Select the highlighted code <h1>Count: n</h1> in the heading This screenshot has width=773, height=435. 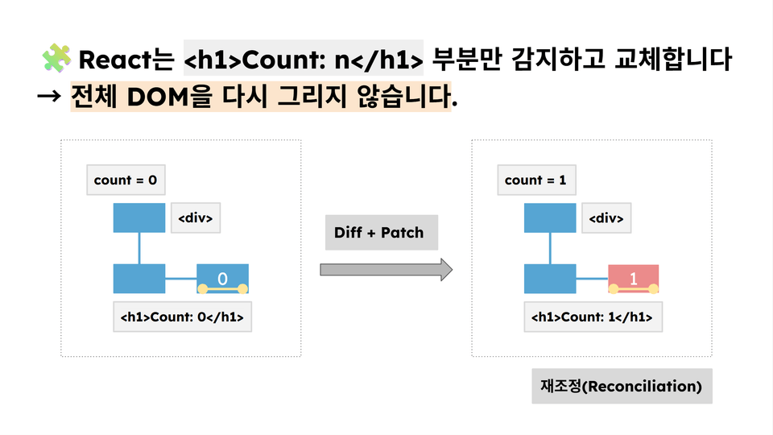coord(303,60)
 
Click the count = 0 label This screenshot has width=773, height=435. coord(126,180)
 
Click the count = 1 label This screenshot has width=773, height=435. coord(535,180)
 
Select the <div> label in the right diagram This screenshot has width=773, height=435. coord(606,218)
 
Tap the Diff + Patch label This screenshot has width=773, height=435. coord(379,233)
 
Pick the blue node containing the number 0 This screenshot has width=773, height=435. coord(223,278)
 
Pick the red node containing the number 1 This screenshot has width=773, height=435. coord(634,278)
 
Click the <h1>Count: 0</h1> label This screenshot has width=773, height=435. coord(182,317)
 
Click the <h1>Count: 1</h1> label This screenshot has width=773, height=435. coord(593,317)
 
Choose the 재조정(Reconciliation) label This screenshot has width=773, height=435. coord(622,387)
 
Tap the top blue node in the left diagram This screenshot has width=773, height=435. coord(139,217)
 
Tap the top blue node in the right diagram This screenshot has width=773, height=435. coord(549,217)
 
